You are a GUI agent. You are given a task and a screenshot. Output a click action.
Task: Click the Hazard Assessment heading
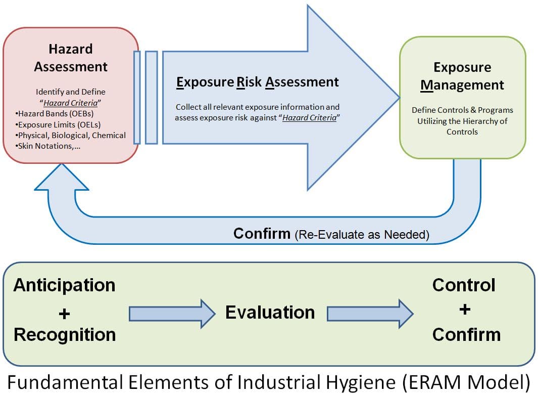(x=71, y=58)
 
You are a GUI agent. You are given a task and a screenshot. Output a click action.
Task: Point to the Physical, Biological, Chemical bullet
(x=71, y=135)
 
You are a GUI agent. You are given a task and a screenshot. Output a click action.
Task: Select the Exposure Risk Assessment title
(x=258, y=82)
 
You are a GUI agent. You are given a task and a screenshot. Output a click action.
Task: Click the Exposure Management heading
(x=462, y=76)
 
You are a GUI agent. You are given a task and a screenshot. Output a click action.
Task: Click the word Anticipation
(x=64, y=285)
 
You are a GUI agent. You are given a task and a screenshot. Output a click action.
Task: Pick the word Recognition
(x=65, y=334)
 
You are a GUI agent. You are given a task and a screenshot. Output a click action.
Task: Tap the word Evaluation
(x=270, y=313)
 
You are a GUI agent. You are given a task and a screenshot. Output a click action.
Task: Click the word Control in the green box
(x=464, y=285)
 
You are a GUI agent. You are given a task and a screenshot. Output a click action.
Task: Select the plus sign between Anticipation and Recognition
(x=64, y=314)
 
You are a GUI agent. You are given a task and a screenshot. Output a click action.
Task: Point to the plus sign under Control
(x=465, y=309)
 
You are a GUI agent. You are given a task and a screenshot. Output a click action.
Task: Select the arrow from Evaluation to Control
(x=370, y=314)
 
